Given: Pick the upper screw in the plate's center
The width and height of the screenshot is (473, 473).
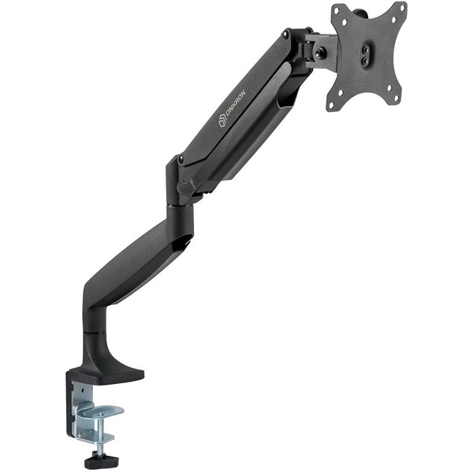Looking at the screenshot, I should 365,47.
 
